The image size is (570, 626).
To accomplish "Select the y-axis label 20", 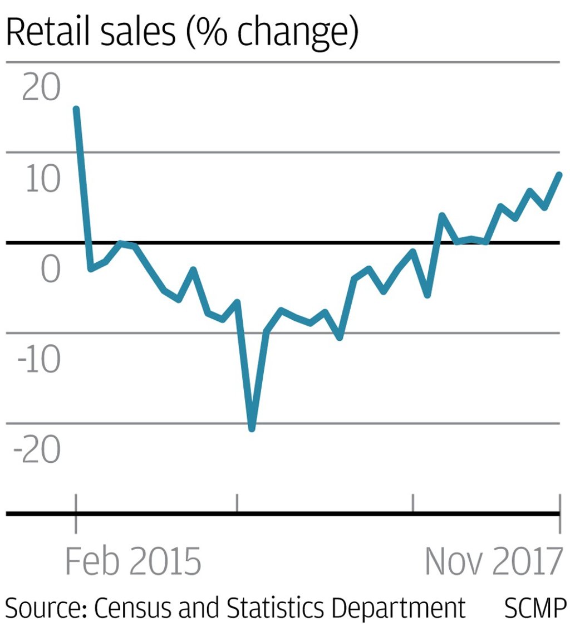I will click(41, 89).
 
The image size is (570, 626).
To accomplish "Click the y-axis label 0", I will click(50, 270).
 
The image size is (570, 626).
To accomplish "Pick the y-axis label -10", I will click(39, 361).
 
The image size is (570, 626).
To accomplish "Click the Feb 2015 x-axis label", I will click(134, 561).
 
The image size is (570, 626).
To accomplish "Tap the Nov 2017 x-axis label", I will click(493, 561).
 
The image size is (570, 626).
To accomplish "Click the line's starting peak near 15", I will click(76, 109).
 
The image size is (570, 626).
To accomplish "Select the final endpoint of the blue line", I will click(559, 175).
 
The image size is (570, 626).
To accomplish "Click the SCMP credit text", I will click(535, 609).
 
